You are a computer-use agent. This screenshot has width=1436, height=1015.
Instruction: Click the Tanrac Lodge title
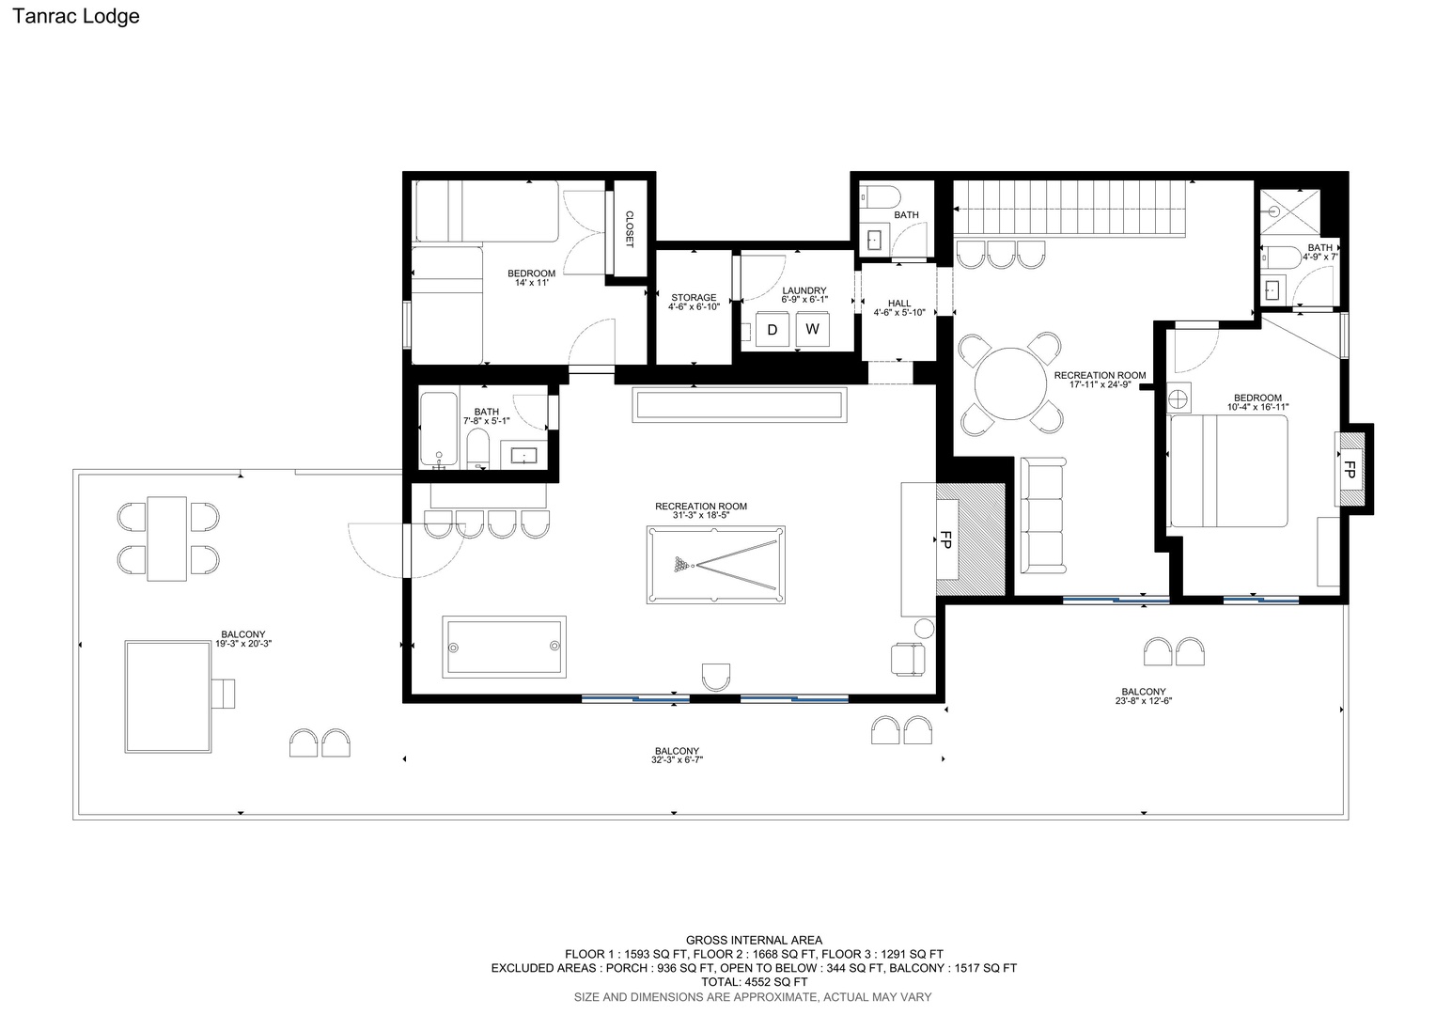75,16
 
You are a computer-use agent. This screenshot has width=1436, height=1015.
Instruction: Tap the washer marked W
812,329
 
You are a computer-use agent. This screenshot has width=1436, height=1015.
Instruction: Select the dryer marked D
773,330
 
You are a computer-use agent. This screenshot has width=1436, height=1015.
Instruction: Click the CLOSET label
629,229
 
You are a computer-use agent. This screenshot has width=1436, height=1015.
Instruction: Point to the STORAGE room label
694,298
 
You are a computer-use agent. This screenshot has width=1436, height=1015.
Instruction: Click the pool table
715,565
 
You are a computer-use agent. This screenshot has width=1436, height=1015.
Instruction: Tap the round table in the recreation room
1010,384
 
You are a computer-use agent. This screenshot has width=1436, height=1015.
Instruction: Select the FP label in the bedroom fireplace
1349,469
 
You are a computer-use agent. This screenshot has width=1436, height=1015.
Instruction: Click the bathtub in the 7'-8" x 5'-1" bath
439,429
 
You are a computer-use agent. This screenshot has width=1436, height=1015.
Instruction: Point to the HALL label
899,304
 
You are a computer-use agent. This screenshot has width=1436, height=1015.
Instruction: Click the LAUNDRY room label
804,290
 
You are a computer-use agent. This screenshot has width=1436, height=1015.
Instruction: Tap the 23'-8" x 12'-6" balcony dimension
1144,701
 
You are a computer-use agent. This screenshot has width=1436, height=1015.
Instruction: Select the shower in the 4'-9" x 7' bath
1289,211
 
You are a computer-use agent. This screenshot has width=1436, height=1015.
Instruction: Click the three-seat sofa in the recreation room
1043,515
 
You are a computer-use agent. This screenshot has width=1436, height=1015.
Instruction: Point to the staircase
1069,208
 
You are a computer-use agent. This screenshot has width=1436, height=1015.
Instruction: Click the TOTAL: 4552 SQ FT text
754,982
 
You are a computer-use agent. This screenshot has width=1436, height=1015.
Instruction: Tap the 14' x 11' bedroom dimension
531,283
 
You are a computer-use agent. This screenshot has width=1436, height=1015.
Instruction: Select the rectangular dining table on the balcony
167,539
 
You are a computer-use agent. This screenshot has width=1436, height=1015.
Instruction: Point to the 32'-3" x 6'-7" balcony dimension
677,759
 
